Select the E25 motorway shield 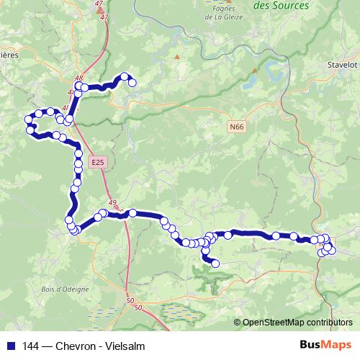(x=98, y=164)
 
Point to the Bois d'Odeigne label (x=65, y=289)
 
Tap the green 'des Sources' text (x=282, y=6)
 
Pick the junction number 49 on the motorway (x=112, y=203)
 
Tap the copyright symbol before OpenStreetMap (x=237, y=323)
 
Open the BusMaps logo (x=325, y=344)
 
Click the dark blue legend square (x=8, y=344)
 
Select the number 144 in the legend (x=28, y=344)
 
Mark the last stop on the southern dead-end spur (x=215, y=264)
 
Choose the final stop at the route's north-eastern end (x=132, y=83)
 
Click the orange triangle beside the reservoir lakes (x=255, y=71)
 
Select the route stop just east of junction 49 (x=132, y=212)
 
